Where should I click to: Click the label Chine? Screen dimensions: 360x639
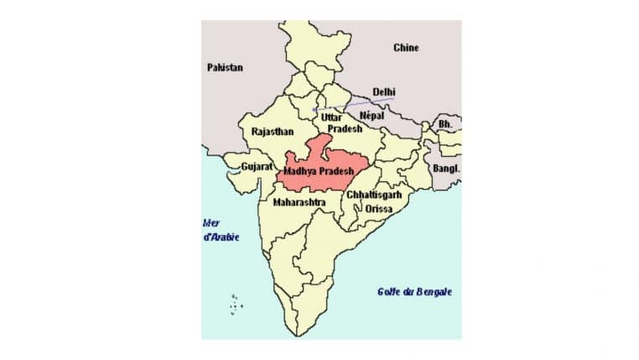(406, 48)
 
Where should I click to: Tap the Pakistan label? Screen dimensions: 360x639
(225, 67)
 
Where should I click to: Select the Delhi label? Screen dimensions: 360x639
(384, 91)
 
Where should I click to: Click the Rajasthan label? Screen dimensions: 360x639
(272, 133)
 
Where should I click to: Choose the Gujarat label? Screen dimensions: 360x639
(257, 167)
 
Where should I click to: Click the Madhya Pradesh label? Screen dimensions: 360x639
(315, 170)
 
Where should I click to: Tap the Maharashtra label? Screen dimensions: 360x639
(299, 202)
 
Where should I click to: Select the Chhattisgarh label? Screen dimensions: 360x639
(374, 195)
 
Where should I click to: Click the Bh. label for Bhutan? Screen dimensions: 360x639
(445, 124)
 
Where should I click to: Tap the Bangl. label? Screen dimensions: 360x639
(446, 168)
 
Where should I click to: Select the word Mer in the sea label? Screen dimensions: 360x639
(211, 222)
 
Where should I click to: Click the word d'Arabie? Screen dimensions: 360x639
(221, 237)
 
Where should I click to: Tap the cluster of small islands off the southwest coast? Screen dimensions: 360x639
(236, 304)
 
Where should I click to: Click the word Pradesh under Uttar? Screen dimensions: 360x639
(345, 129)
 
